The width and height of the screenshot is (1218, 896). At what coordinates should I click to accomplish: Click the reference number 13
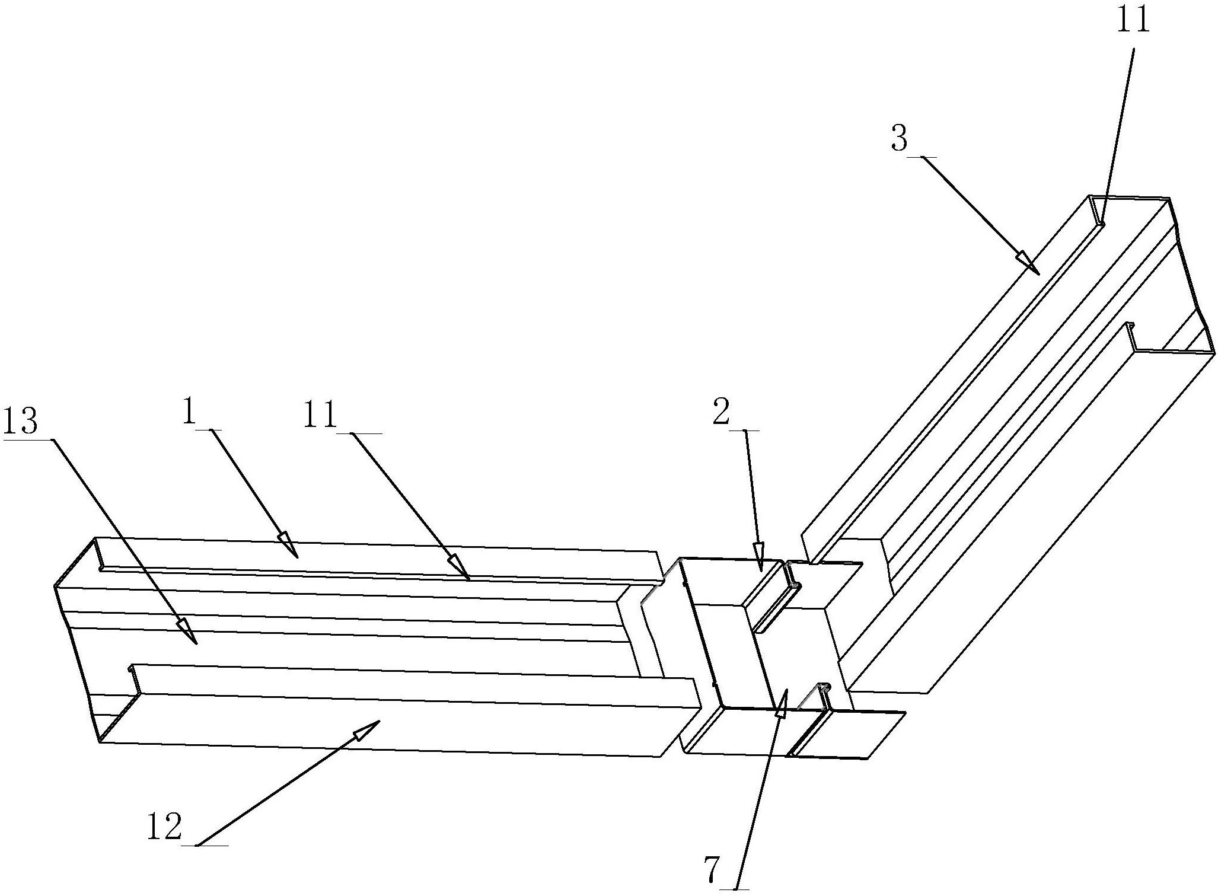21,422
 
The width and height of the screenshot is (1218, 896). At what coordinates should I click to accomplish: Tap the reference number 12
164,828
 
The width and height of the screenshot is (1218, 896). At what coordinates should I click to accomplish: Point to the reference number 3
899,138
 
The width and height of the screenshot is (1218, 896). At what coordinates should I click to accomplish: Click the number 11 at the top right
1134,21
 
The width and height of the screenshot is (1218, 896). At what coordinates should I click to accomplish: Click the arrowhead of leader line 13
188,632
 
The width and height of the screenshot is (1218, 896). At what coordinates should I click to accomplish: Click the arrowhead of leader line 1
288,545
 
